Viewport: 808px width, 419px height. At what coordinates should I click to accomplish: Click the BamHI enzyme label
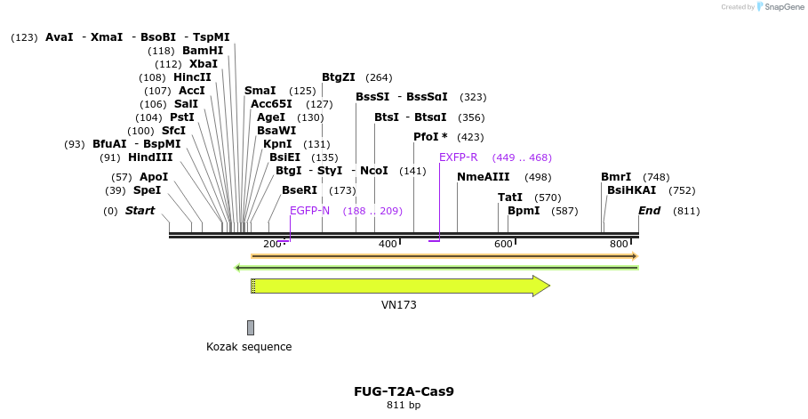pyautogui.click(x=203, y=51)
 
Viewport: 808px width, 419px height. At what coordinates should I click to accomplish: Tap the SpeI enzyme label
pyautogui.click(x=148, y=190)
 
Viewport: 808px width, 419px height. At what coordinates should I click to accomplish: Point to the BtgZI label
pyautogui.click(x=338, y=77)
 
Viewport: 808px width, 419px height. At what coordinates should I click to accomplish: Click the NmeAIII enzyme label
pyautogui.click(x=483, y=177)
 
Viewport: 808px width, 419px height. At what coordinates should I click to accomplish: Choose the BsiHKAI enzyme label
pyautogui.click(x=631, y=190)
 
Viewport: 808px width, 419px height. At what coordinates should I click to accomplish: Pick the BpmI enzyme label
pyautogui.click(x=524, y=211)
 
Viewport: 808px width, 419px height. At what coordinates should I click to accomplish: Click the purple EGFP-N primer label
pyautogui.click(x=309, y=211)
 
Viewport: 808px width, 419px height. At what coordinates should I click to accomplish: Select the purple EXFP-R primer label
pyautogui.click(x=458, y=157)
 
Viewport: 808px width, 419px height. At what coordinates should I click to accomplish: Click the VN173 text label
pyautogui.click(x=399, y=305)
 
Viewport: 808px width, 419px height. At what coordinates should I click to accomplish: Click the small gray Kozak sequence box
pyautogui.click(x=251, y=327)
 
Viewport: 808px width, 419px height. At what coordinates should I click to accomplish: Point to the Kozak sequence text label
pyautogui.click(x=249, y=347)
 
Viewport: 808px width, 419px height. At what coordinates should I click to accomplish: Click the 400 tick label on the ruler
pyautogui.click(x=388, y=245)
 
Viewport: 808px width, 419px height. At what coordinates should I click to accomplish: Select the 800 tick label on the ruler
pyautogui.click(x=619, y=245)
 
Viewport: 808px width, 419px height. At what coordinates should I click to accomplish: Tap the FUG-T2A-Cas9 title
pyautogui.click(x=404, y=391)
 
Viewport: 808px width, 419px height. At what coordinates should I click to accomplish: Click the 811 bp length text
pyautogui.click(x=404, y=406)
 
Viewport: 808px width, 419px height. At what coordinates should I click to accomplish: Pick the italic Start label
pyautogui.click(x=140, y=211)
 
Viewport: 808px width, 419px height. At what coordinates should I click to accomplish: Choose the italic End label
pyautogui.click(x=649, y=211)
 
